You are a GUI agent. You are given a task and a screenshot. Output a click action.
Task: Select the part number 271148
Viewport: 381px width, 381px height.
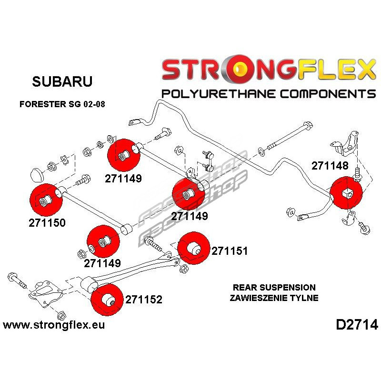(330, 166)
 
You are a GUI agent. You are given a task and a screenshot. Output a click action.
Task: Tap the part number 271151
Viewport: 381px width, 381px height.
(230, 251)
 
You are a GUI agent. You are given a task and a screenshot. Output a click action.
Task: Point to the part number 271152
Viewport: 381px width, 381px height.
(144, 300)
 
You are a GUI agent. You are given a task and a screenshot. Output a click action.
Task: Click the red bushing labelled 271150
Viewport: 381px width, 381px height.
(46, 200)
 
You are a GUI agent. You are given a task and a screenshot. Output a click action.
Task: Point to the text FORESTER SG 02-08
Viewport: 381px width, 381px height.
(62, 104)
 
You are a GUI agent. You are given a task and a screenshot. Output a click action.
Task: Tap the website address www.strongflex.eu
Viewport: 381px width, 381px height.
(54, 325)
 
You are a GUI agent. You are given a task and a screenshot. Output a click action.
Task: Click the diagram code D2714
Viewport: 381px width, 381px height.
(356, 325)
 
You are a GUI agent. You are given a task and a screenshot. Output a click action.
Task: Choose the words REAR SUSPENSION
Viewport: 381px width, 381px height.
(274, 288)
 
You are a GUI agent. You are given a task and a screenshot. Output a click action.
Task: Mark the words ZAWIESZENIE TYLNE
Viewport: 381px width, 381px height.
(274, 298)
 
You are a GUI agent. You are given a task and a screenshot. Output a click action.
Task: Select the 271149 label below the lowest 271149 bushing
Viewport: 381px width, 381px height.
(103, 262)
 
